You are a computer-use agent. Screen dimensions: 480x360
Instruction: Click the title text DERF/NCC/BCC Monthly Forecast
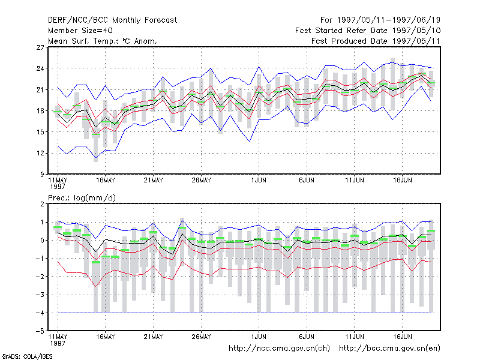(112, 20)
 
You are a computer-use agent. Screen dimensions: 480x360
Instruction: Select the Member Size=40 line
(80, 31)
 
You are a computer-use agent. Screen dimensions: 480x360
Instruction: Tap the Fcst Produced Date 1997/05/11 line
(376, 41)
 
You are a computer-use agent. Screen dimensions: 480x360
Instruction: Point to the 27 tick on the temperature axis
(40, 47)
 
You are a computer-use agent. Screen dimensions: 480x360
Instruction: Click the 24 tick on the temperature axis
(40, 68)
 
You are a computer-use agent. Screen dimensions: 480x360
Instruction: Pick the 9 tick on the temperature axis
(42, 175)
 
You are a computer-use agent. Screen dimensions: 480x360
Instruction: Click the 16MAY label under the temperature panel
(106, 181)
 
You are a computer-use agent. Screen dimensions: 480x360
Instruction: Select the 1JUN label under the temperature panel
(259, 181)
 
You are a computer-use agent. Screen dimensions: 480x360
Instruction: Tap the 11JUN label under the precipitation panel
(355, 337)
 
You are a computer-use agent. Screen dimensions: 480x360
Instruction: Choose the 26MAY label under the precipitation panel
(202, 337)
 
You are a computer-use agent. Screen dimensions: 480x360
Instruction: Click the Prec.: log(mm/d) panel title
(82, 198)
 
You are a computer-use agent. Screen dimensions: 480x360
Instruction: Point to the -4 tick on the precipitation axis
(40, 313)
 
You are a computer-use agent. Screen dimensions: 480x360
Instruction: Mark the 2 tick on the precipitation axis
(42, 204)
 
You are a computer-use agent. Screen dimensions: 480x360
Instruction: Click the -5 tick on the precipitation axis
(40, 331)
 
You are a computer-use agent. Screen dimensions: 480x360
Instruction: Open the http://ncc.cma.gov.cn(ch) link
(279, 349)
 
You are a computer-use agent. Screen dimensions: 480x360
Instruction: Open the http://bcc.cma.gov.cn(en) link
(389, 349)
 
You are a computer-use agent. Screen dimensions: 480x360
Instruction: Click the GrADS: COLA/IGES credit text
(27, 356)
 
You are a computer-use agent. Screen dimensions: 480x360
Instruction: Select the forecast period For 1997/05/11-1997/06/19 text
(380, 20)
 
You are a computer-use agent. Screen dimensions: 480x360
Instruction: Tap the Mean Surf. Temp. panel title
(103, 41)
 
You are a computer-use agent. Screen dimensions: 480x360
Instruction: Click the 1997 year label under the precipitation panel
(58, 343)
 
